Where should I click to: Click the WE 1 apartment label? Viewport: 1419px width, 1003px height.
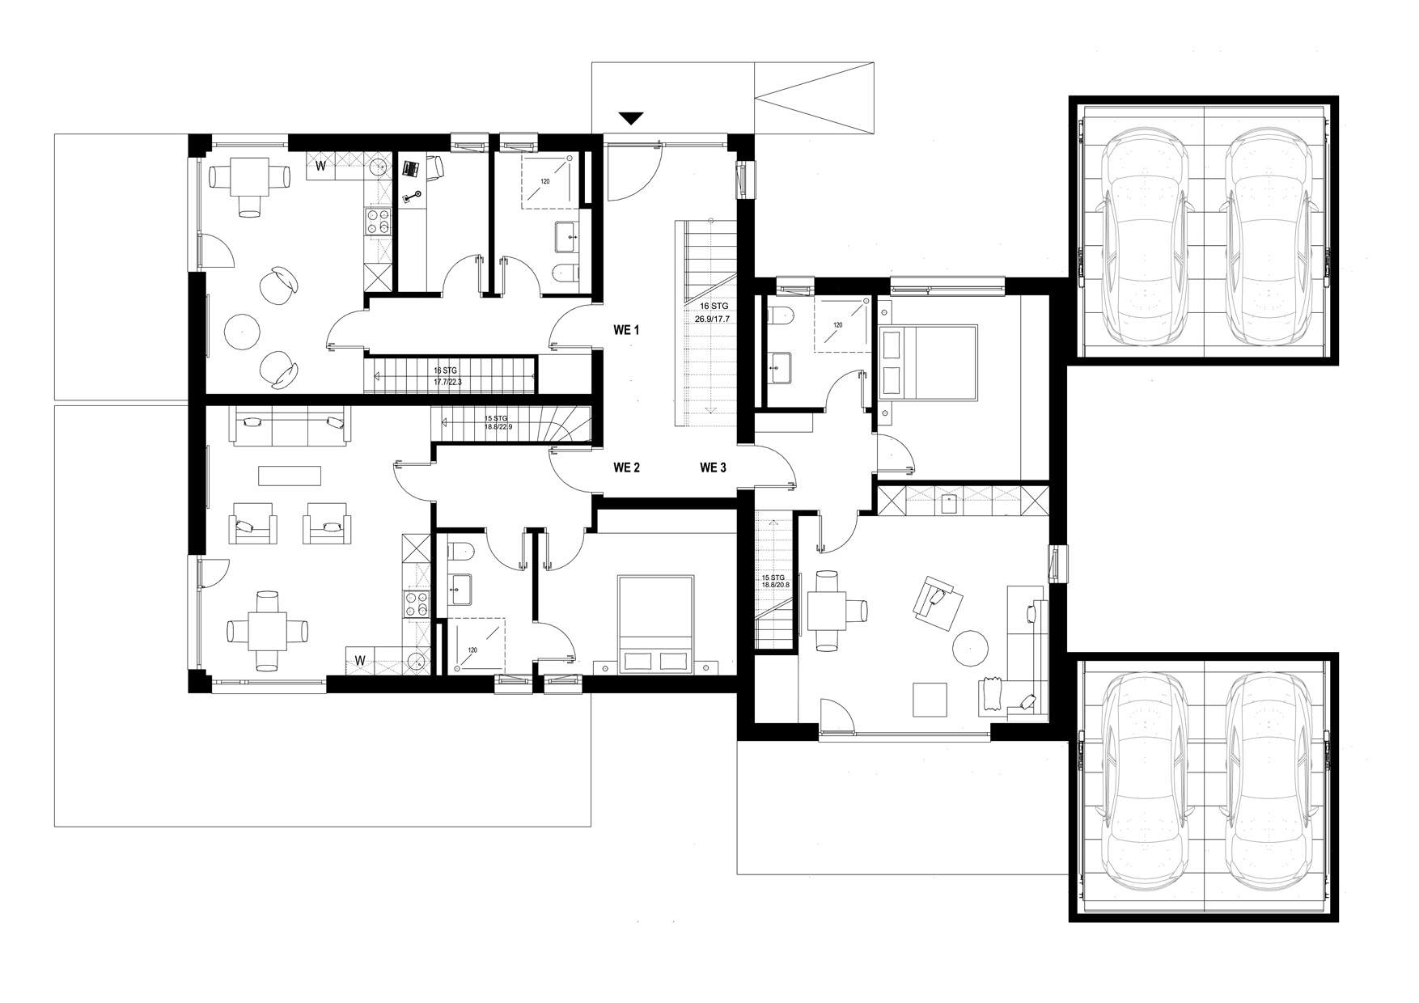pyautogui.click(x=626, y=330)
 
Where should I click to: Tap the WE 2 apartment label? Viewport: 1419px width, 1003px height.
pyautogui.click(x=626, y=467)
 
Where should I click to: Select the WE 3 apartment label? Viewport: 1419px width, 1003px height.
pyautogui.click(x=713, y=467)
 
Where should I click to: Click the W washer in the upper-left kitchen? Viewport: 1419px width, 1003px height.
pyautogui.click(x=321, y=167)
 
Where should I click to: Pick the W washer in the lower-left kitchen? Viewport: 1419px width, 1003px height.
pyautogui.click(x=359, y=660)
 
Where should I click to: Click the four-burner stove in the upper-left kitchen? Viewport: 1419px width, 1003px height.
pyautogui.click(x=378, y=222)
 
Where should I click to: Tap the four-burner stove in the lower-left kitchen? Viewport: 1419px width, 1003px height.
pyautogui.click(x=416, y=606)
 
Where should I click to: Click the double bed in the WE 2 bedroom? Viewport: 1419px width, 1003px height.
pyautogui.click(x=656, y=624)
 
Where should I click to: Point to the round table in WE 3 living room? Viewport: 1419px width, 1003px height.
pyautogui.click(x=971, y=648)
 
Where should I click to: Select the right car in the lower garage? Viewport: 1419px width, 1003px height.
pyautogui.click(x=1265, y=794)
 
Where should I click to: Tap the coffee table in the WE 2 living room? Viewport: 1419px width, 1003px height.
pyautogui.click(x=290, y=475)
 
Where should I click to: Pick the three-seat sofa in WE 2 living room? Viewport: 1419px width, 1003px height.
pyautogui.click(x=291, y=425)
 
